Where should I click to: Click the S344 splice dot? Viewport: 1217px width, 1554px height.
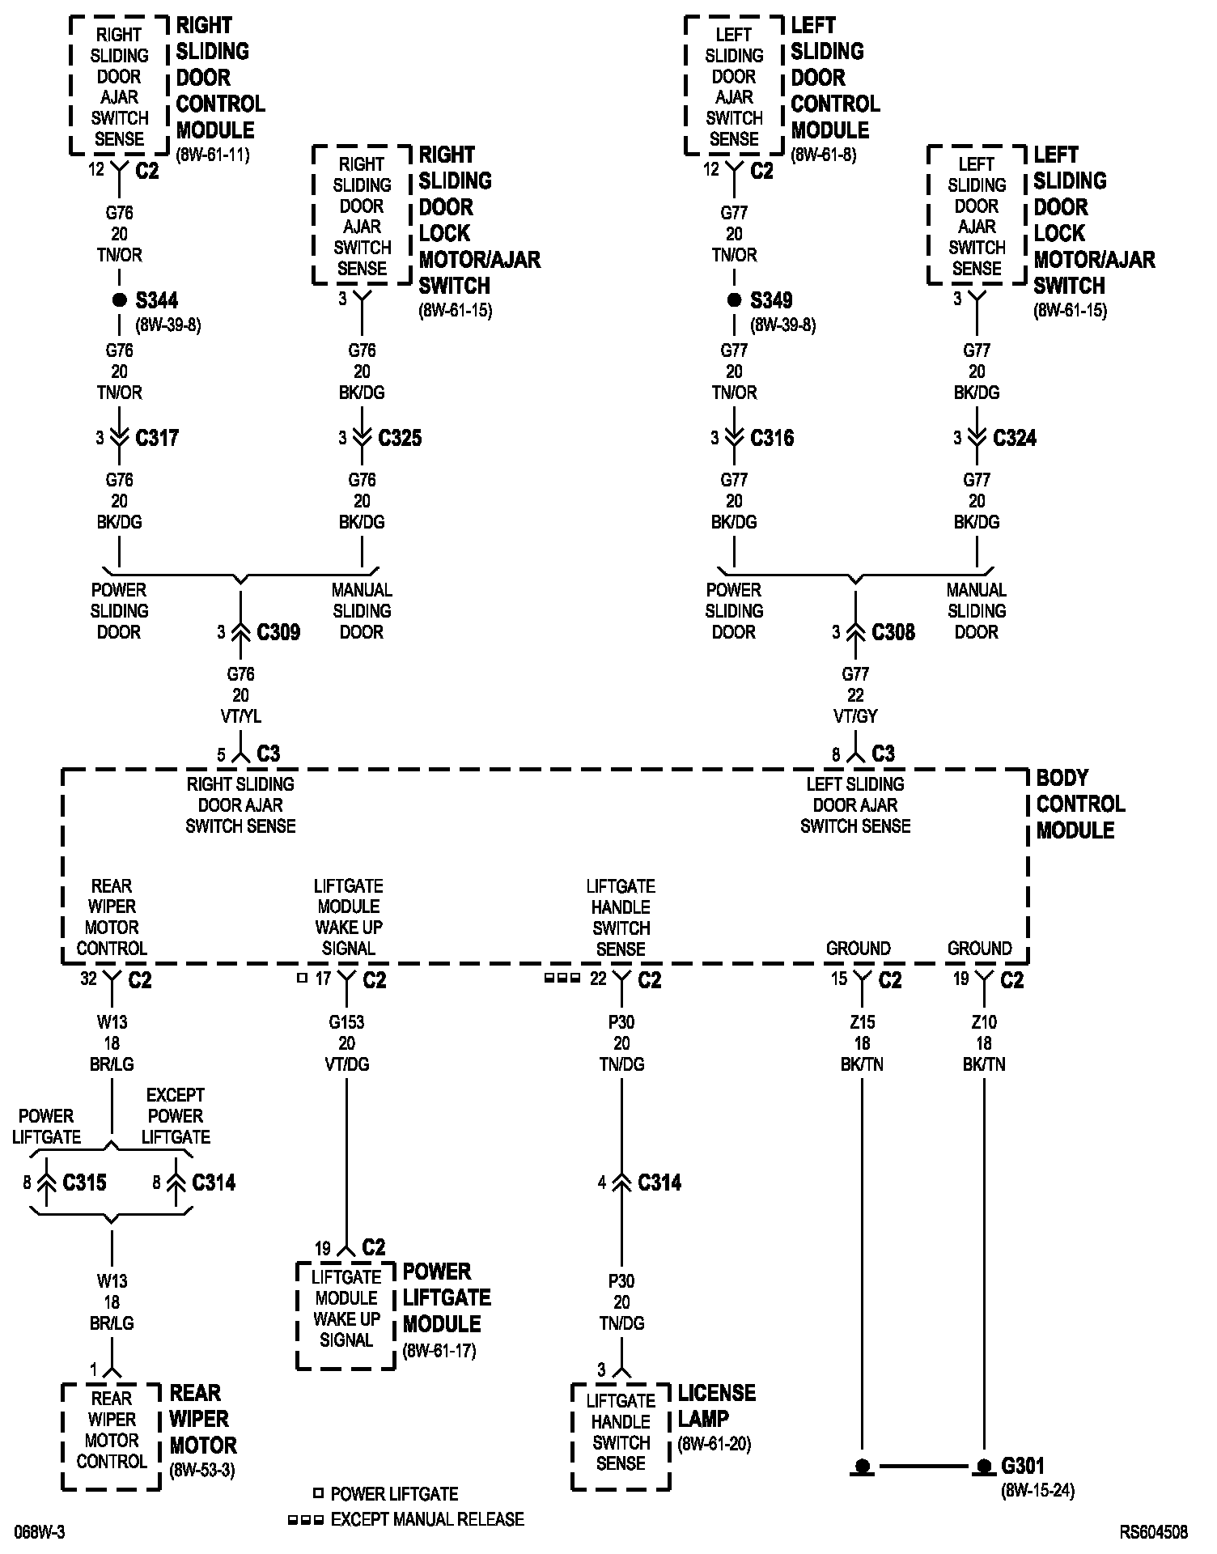coord(119,300)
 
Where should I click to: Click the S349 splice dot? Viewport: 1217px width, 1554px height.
coord(734,300)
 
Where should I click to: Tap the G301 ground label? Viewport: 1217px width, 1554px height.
coord(1023,1466)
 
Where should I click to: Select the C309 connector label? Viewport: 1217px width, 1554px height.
coord(278,632)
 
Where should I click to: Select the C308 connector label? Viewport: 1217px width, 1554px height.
coord(893,632)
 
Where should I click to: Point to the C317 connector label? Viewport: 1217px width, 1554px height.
coord(157,438)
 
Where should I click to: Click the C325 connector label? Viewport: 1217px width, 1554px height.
coord(400,438)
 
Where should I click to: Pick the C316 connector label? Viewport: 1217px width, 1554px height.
coord(772,438)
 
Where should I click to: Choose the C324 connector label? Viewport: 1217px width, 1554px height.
coord(1015,438)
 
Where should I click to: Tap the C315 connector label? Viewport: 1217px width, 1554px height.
coord(84,1182)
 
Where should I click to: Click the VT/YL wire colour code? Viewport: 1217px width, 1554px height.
coord(240,716)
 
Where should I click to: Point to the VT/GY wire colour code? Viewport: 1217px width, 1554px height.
coord(855,716)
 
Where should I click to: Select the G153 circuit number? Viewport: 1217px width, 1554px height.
coord(346,1022)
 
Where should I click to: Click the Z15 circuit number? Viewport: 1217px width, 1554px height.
coord(863,1022)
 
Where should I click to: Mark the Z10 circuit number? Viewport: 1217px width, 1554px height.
coord(984,1022)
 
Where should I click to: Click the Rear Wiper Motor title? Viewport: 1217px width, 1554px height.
coord(202,1419)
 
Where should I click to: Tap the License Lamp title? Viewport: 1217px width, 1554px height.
coord(716,1406)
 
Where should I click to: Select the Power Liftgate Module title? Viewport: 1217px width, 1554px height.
coord(447,1297)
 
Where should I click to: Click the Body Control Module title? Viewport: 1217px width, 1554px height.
coord(1080,804)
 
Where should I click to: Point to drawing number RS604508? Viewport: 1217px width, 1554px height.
coord(1154,1532)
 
